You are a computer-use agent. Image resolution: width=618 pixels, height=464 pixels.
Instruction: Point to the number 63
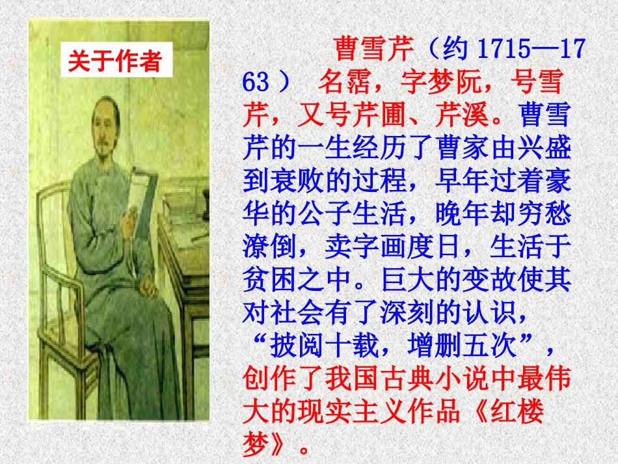[x=255, y=83]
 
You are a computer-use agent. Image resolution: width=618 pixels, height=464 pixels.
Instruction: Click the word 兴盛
[x=545, y=150]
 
